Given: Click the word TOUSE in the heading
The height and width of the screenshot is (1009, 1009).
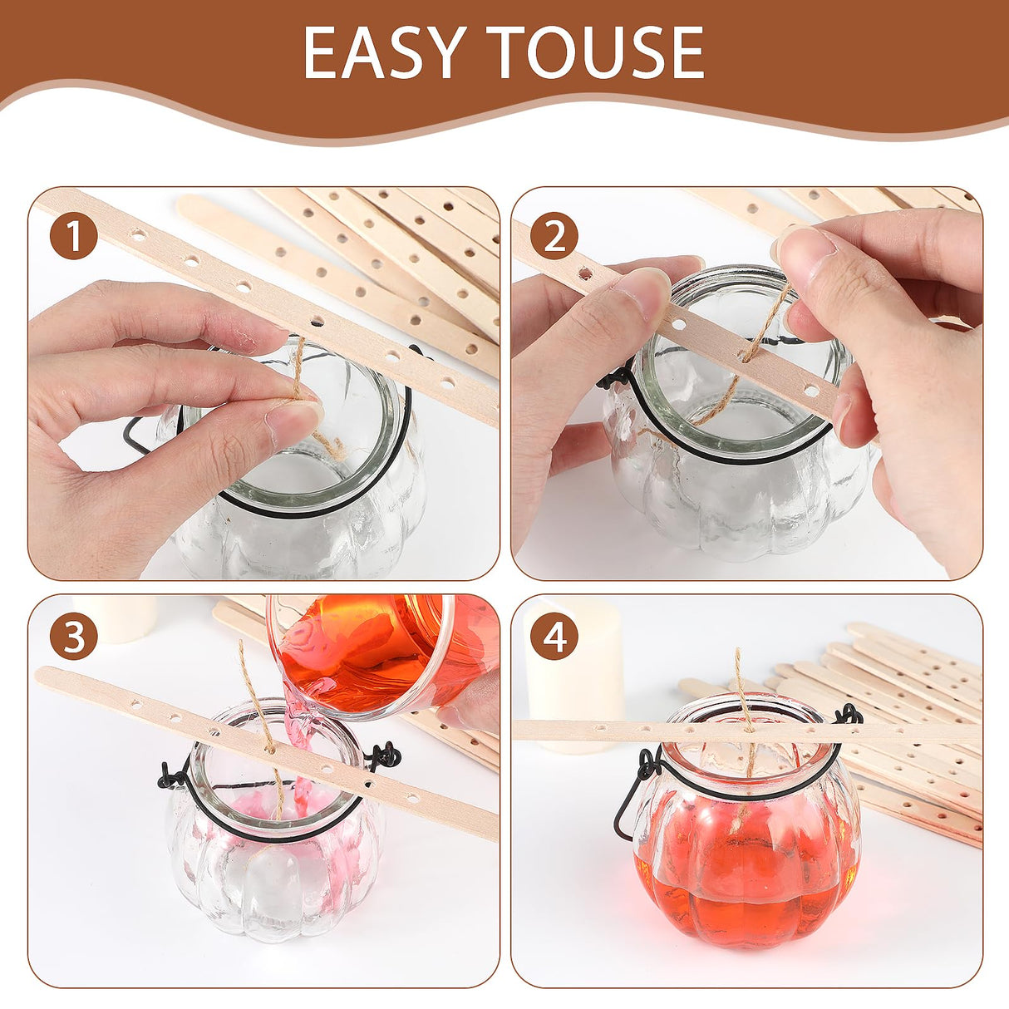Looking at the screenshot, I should coord(595,52).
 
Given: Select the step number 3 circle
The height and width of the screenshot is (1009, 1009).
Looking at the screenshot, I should coord(73,637).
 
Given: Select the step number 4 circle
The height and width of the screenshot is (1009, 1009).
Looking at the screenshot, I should coord(554,637).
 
